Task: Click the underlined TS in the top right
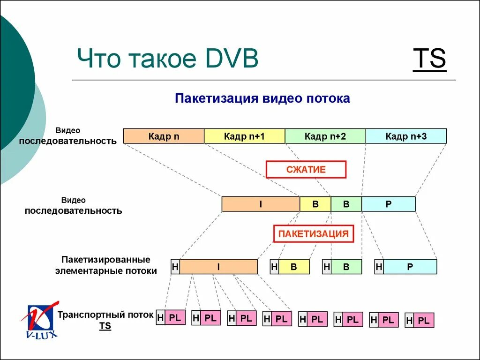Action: [x=429, y=60]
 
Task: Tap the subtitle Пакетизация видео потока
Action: [x=262, y=98]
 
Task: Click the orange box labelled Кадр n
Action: [x=164, y=136]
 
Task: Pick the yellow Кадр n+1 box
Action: [x=244, y=136]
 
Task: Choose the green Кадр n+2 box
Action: [x=325, y=136]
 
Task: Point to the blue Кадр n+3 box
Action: [x=406, y=136]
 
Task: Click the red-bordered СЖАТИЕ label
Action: [x=306, y=169]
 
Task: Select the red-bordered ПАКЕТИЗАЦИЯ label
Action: [x=313, y=233]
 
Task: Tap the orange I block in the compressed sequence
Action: [x=261, y=204]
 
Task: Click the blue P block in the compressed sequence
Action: [x=388, y=204]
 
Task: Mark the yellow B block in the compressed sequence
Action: [x=315, y=204]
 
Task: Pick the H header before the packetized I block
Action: [x=175, y=267]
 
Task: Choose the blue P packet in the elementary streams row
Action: [x=410, y=267]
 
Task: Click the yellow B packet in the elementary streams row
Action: [x=294, y=267]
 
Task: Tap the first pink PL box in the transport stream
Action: [x=175, y=317]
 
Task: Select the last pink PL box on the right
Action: [x=424, y=321]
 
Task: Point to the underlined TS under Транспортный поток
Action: [x=105, y=326]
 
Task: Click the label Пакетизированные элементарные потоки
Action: [x=106, y=265]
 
